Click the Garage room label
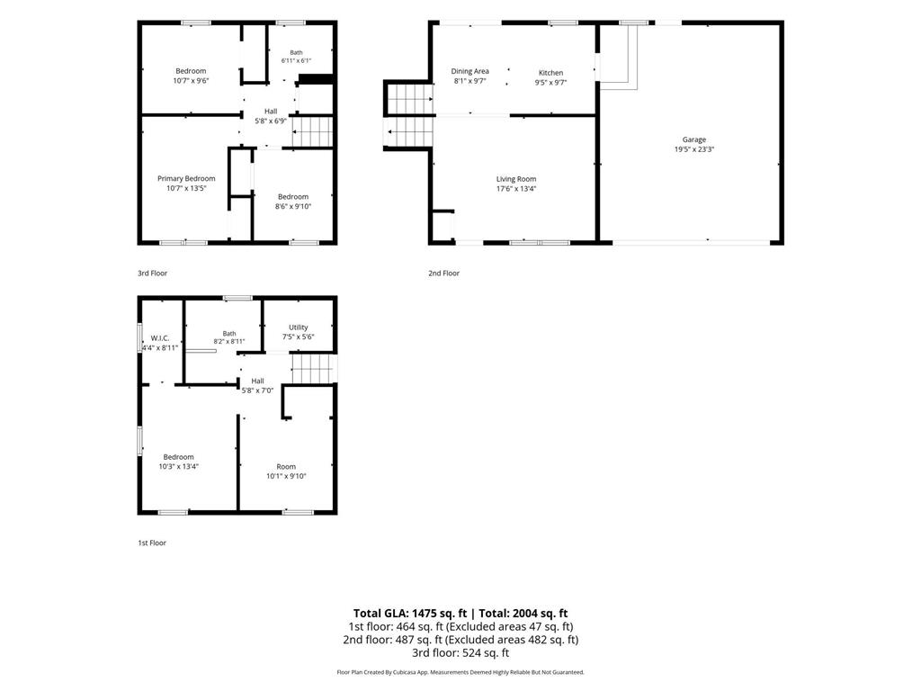click(x=693, y=139)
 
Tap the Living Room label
click(x=515, y=179)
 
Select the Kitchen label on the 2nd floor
click(x=550, y=73)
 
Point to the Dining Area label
click(x=469, y=71)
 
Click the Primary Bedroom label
click(x=186, y=179)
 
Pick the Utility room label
click(x=299, y=328)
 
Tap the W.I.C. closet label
click(x=160, y=338)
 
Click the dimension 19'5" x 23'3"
click(x=693, y=149)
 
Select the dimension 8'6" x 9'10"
click(x=293, y=206)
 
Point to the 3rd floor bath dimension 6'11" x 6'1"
click(x=296, y=60)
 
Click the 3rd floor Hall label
click(x=271, y=111)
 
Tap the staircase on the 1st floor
click(x=315, y=368)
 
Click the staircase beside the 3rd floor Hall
click(x=312, y=131)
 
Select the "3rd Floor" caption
click(x=152, y=274)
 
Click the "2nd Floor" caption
click(x=443, y=274)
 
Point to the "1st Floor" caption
click(x=151, y=543)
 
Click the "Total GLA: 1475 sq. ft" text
click(x=410, y=614)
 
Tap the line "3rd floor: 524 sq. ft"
click(x=460, y=653)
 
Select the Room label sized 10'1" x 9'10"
click(x=286, y=467)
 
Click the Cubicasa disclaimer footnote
click(x=460, y=672)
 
